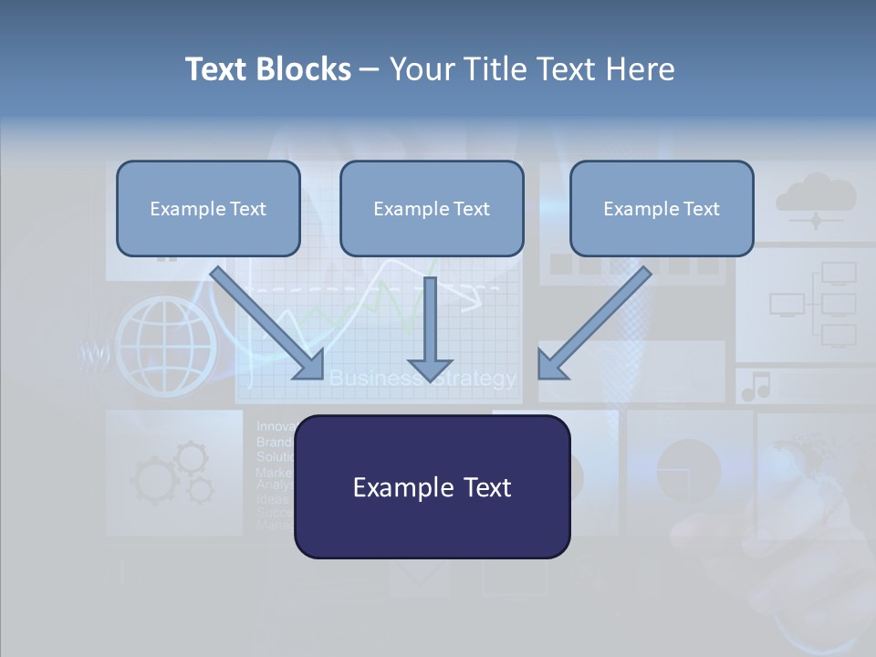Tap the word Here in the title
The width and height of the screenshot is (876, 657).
(x=640, y=69)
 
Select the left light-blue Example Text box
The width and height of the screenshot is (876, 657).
(x=208, y=208)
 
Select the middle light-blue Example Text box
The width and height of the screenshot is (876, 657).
(x=432, y=208)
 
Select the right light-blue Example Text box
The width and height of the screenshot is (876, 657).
(x=662, y=208)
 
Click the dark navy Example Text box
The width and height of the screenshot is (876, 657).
(x=432, y=486)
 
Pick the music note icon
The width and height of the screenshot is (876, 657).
(x=756, y=387)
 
